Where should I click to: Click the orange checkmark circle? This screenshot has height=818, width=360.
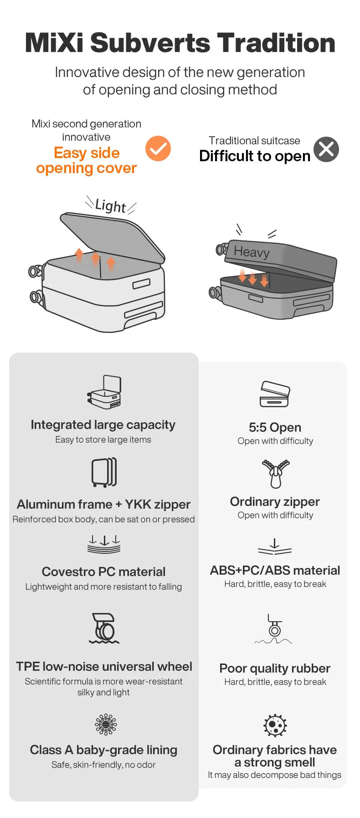click(158, 148)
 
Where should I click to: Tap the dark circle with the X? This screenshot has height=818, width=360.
click(326, 149)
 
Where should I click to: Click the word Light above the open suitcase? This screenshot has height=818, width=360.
click(111, 206)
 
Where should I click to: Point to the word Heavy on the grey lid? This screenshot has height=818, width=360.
click(252, 251)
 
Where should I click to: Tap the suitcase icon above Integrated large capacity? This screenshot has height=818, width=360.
click(104, 392)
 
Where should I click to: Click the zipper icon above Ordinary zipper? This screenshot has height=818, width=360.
click(275, 474)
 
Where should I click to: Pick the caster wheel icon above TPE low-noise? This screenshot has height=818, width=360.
click(104, 628)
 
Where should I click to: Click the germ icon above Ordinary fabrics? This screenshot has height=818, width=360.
click(275, 725)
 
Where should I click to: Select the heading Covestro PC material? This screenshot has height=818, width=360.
click(103, 572)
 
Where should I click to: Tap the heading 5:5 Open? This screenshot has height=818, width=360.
click(275, 427)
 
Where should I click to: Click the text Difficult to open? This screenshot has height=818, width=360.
click(255, 156)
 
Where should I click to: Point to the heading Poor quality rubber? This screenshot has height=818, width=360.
click(275, 668)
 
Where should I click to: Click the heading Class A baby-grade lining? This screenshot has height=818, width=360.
click(103, 750)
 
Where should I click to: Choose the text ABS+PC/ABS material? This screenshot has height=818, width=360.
click(275, 570)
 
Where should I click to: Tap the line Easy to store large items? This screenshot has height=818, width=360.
click(103, 440)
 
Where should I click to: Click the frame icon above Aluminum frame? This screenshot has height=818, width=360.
click(104, 473)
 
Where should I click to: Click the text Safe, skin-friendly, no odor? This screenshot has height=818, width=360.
click(103, 765)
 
